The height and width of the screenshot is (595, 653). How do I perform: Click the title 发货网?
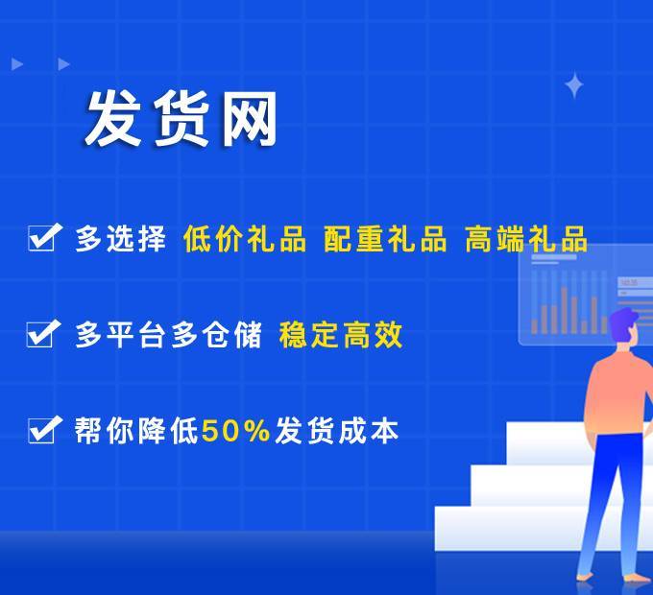tap(181, 118)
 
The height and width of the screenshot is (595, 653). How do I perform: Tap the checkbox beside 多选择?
tap(44, 237)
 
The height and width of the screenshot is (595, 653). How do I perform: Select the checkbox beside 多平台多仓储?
tap(43, 334)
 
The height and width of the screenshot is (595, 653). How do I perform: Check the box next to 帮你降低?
tap(44, 429)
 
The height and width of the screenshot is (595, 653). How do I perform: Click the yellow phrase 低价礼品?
tap(245, 238)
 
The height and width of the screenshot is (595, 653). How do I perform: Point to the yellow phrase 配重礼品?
tap(385, 238)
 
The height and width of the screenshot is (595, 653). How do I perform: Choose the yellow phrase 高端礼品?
tap(525, 238)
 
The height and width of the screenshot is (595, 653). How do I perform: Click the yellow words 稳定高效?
tap(341, 335)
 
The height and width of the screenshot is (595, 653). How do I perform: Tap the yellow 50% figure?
tap(235, 430)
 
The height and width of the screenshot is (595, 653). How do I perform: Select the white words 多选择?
tap(120, 238)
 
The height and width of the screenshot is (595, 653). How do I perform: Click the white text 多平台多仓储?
tap(169, 335)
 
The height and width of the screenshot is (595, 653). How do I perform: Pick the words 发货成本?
tap(336, 430)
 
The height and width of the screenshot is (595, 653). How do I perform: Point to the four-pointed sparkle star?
tap(574, 84)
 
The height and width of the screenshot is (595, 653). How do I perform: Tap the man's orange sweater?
tap(618, 395)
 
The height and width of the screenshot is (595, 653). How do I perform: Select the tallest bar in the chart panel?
tap(565, 310)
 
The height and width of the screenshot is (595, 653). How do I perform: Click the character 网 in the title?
tap(249, 119)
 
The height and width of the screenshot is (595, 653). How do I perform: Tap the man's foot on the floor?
tap(588, 577)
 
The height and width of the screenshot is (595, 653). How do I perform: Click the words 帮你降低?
tap(136, 430)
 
